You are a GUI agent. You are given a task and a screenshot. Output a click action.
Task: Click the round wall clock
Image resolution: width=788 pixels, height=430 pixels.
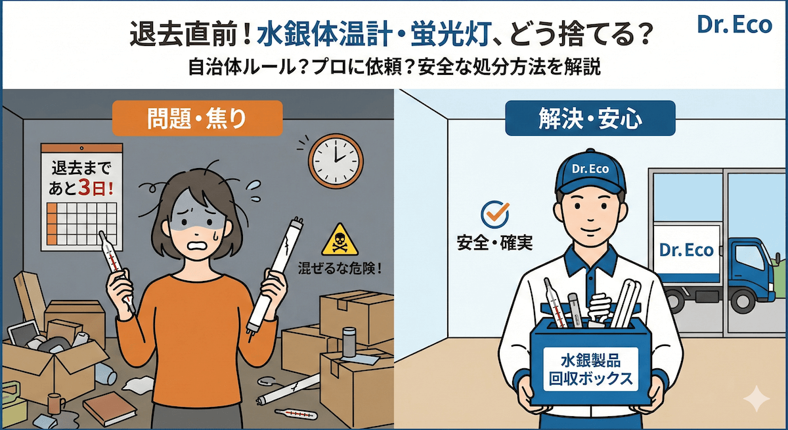click(336, 160)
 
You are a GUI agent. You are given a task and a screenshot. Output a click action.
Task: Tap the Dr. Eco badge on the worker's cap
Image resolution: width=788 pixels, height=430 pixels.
click(590, 169)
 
